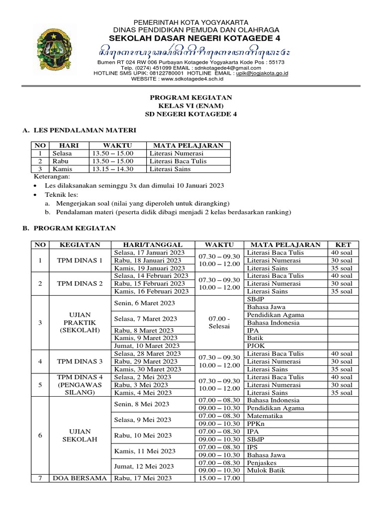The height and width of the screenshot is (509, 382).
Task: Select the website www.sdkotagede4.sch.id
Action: (191, 79)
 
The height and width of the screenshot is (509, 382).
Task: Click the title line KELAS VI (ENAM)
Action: (191, 105)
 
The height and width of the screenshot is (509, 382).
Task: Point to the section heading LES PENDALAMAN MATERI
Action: (84, 130)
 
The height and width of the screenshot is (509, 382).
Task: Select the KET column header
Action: (343, 245)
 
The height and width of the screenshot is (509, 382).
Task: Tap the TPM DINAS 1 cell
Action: (80, 260)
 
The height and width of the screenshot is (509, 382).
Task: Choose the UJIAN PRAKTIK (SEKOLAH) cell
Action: (80, 323)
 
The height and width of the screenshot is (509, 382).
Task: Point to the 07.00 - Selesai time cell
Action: (219, 323)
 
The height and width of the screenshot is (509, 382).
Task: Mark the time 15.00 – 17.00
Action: (219, 478)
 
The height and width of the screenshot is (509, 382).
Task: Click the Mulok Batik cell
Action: (265, 471)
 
